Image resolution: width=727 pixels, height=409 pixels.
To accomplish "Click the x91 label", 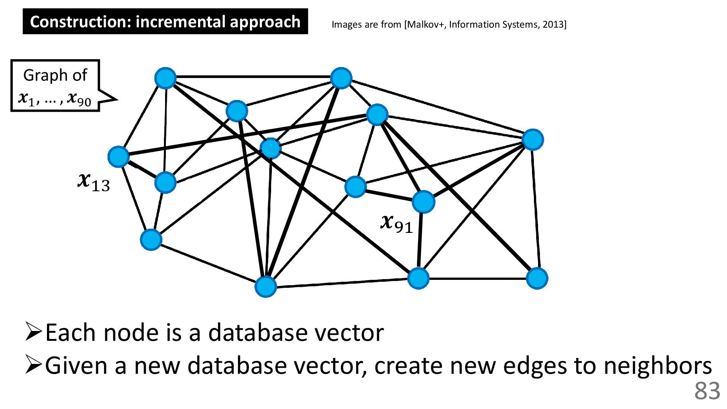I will (x=396, y=223).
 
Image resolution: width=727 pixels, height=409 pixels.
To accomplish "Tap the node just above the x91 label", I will (x=423, y=201).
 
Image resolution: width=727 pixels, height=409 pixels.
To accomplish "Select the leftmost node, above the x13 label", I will (x=119, y=157).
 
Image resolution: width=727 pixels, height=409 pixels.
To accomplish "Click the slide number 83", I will (x=707, y=391).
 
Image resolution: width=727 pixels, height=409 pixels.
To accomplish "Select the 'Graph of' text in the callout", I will (x=55, y=75).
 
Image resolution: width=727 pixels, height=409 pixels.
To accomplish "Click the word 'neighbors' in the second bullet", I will (x=657, y=365).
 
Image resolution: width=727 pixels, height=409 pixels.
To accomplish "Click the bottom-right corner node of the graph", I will (x=537, y=278).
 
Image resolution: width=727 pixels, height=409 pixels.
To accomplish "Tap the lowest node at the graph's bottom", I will (x=266, y=286).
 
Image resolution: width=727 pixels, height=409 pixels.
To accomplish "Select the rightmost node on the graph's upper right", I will (x=533, y=140).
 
